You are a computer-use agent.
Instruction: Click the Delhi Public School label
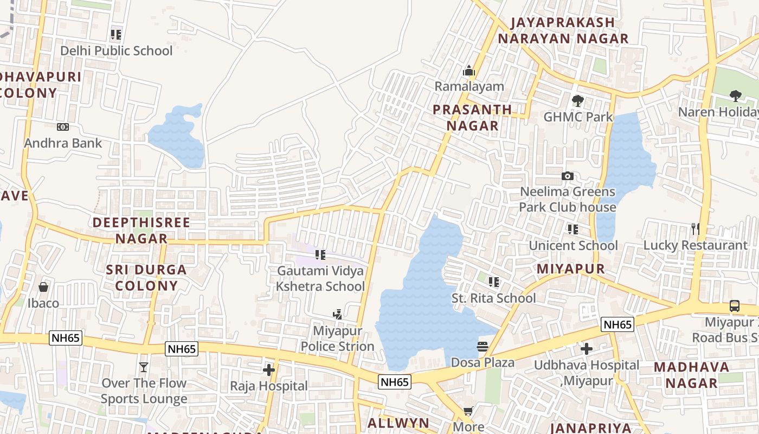click(116, 51)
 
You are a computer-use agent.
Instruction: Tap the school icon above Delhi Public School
click(116, 35)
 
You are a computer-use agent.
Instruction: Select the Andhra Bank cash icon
click(63, 127)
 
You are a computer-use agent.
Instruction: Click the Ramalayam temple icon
click(469, 71)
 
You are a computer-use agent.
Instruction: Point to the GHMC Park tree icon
click(578, 100)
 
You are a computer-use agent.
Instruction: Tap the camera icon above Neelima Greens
click(568, 176)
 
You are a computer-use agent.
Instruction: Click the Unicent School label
click(573, 246)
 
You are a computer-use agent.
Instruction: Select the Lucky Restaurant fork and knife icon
click(696, 229)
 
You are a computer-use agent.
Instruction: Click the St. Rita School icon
click(494, 282)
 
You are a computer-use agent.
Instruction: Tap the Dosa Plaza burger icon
click(483, 346)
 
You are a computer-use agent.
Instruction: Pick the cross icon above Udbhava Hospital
click(587, 349)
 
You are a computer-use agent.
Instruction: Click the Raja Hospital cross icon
click(269, 370)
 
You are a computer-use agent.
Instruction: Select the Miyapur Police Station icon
click(337, 314)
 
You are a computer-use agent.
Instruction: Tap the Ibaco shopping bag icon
click(43, 287)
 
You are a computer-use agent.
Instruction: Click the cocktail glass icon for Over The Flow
click(144, 367)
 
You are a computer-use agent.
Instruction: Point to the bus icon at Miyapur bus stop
click(735, 306)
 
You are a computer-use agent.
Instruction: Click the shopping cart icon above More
click(468, 411)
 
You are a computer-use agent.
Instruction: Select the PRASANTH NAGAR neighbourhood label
click(472, 117)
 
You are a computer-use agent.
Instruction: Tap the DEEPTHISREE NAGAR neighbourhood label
click(141, 231)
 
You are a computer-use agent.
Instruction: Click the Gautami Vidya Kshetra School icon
click(320, 254)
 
